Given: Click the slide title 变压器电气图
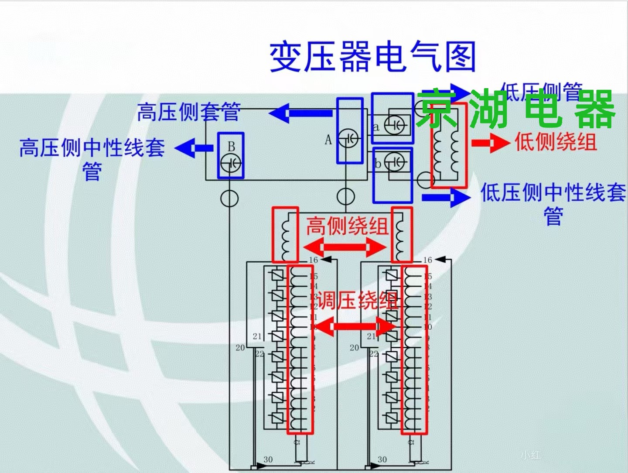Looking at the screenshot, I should [x=372, y=57].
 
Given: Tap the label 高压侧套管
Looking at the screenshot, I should [x=188, y=112].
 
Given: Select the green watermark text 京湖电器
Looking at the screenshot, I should [x=515, y=109].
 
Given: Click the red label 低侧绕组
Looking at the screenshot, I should [x=556, y=142].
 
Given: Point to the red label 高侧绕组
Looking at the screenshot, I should [x=347, y=226].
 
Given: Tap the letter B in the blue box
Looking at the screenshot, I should [x=231, y=146].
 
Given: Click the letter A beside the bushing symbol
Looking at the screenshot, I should [x=328, y=140].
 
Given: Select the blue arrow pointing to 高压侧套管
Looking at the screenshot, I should [x=301, y=113].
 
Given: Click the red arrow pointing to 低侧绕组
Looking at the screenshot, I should [x=490, y=142].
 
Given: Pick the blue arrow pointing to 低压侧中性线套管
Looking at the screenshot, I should [x=447, y=197].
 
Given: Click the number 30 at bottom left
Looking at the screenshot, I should [x=268, y=459].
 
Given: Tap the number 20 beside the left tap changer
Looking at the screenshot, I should [x=240, y=348].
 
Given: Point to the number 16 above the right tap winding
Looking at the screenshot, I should [x=427, y=260].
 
